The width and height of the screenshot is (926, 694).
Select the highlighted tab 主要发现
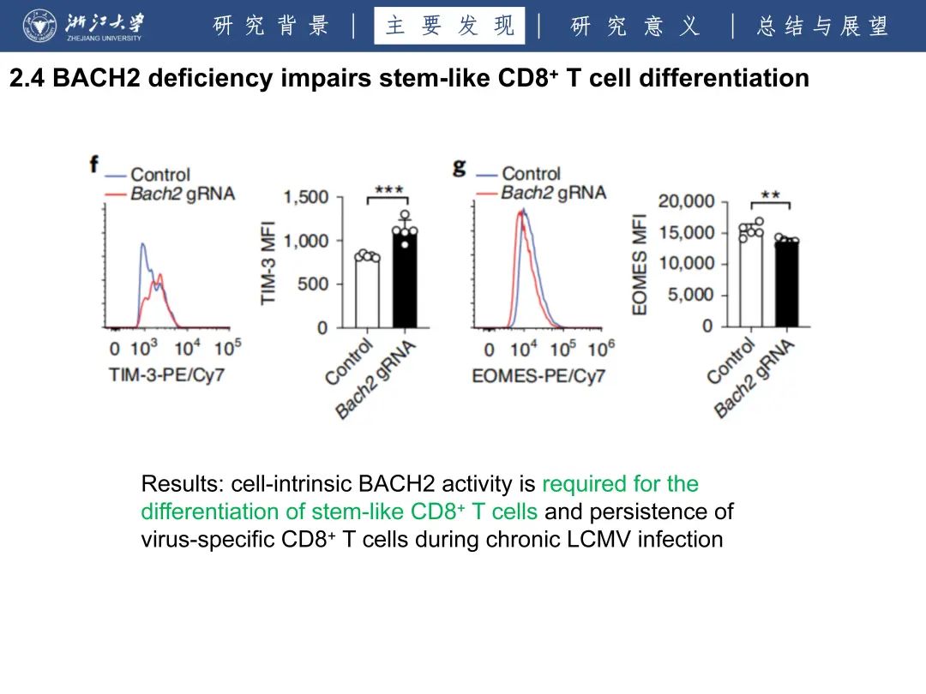pos(449,26)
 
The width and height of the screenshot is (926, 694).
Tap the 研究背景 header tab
pos(271,26)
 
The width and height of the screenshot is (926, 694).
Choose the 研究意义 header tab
pos(634,26)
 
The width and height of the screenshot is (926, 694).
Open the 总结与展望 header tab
pos(821,26)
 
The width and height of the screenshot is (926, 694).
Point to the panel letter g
pos(460,165)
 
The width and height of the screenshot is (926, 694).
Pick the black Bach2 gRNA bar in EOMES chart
pos(786,284)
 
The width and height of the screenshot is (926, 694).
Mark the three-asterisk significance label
pos(388,189)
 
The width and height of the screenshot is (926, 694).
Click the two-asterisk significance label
pos(770,194)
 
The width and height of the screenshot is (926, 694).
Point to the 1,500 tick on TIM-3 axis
pos(306,198)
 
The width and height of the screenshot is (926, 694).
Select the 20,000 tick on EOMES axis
pos(686,201)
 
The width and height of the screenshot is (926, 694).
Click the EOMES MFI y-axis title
pos(640,269)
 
